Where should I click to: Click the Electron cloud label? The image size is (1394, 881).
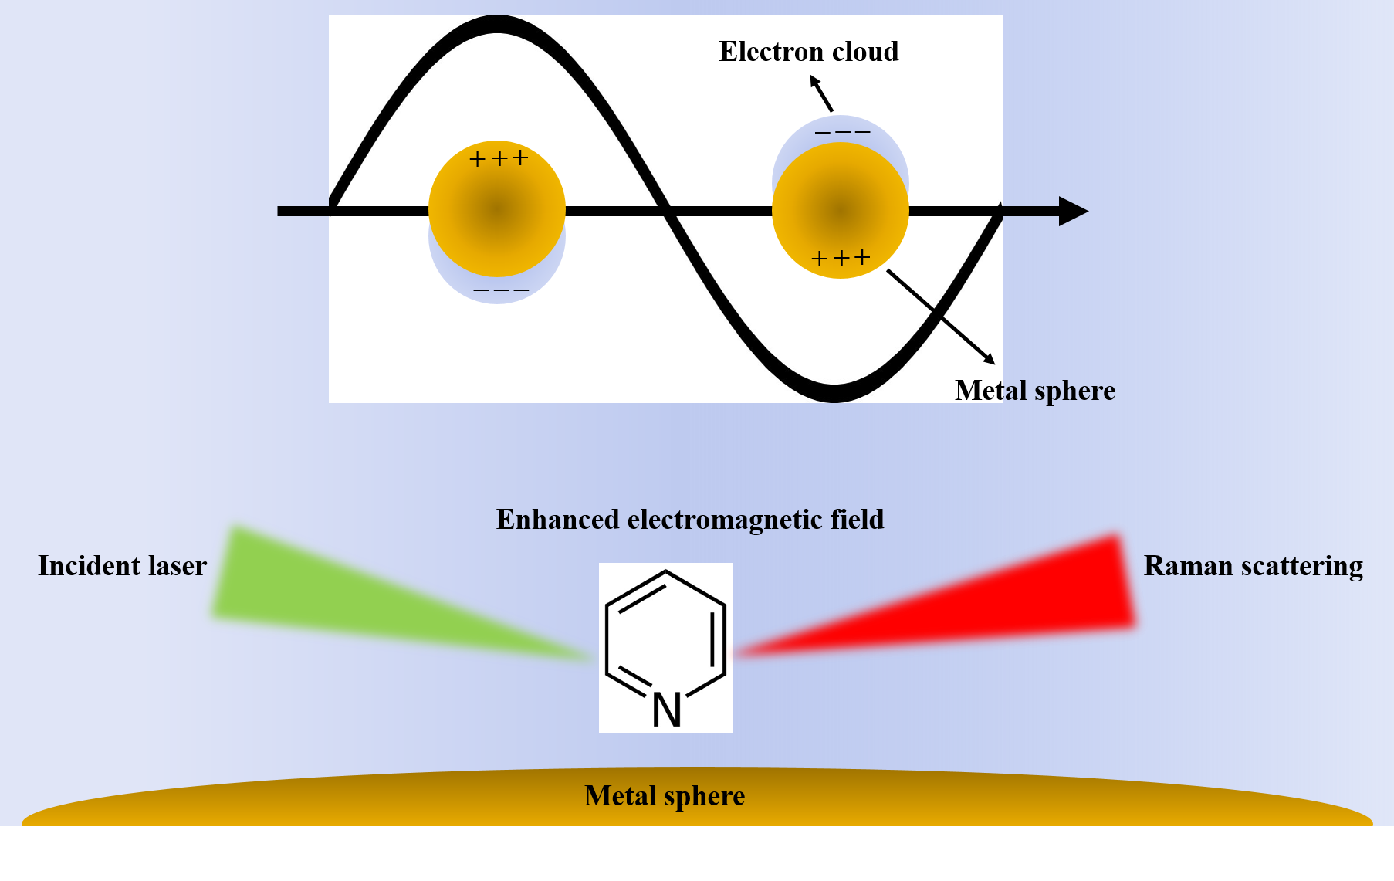[808, 52]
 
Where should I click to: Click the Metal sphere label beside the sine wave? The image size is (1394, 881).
[1034, 391]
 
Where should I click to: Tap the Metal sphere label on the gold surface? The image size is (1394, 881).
[664, 796]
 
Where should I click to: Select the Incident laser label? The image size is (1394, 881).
[122, 566]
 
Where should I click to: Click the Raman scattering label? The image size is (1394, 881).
[1253, 566]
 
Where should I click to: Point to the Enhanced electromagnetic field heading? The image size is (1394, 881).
[689, 520]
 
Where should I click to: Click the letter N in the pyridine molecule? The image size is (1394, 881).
[667, 710]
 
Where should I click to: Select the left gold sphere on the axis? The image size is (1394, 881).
[497, 208]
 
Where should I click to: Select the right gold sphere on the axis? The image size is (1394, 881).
[841, 210]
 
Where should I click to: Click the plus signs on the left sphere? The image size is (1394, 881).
[499, 159]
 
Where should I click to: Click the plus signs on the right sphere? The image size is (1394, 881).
[841, 258]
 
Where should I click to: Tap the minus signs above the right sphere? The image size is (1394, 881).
[842, 132]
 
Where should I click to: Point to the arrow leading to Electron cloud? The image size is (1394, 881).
[821, 93]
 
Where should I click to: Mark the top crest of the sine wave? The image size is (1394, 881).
[497, 24]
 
